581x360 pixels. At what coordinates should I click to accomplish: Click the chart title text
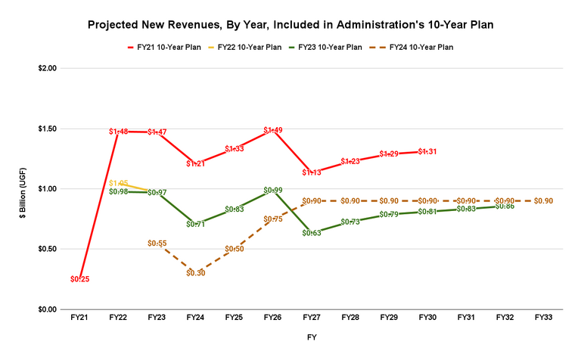pyautogui.click(x=290, y=24)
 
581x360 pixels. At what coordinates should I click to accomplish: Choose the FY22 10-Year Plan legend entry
pyautogui.click(x=250, y=47)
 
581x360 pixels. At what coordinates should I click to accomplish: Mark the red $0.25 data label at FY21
pyautogui.click(x=80, y=279)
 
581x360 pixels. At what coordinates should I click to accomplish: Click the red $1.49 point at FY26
pyautogui.click(x=273, y=130)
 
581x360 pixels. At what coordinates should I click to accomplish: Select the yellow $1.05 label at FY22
pyautogui.click(x=119, y=183)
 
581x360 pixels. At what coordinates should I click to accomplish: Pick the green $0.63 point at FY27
pyautogui.click(x=312, y=233)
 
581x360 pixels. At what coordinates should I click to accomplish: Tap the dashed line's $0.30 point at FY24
pyautogui.click(x=196, y=273)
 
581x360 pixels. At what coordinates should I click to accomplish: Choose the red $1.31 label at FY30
pyautogui.click(x=427, y=151)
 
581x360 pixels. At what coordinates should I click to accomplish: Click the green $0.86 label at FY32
pyautogui.click(x=505, y=206)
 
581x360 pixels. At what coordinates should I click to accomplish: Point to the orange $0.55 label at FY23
pyautogui.click(x=157, y=243)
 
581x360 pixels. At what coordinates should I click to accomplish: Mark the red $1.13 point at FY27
pyautogui.click(x=312, y=172)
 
